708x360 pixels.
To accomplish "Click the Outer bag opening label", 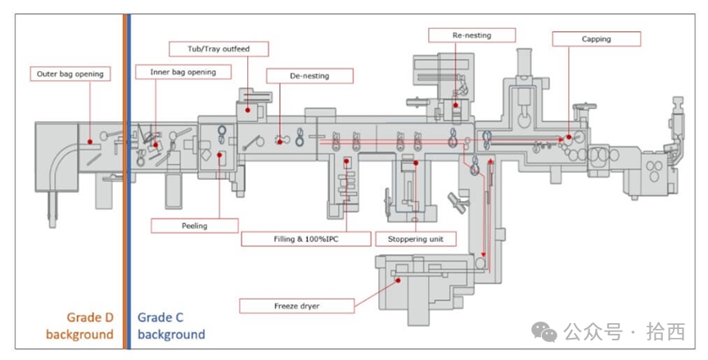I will click(x=70, y=74).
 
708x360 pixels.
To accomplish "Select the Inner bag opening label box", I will click(x=183, y=72).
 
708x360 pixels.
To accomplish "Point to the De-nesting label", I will click(x=309, y=75).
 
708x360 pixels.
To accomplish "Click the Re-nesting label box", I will click(x=472, y=35).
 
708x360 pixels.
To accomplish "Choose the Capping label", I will click(x=596, y=38).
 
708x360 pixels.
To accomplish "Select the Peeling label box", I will click(x=194, y=225).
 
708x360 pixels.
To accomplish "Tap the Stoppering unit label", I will click(x=416, y=240).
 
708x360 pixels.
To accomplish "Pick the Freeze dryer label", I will click(x=297, y=306).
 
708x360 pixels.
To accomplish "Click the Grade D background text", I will click(x=79, y=326).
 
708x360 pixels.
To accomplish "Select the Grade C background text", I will click(x=171, y=326).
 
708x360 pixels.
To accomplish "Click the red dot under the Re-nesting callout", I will click(x=456, y=104).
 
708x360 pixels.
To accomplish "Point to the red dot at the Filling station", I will click(x=347, y=161).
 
